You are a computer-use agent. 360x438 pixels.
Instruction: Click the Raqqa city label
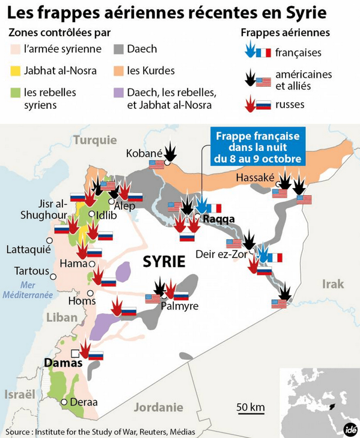tap(218, 219)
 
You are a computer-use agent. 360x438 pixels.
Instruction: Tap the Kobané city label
tap(144, 154)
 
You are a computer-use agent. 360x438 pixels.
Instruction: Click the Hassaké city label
tap(255, 178)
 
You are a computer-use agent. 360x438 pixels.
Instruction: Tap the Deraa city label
tap(83, 403)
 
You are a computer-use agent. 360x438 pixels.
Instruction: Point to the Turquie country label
tap(95, 140)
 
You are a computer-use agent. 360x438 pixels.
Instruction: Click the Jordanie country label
tap(158, 407)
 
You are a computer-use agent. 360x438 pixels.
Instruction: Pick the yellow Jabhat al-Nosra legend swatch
tap(15, 71)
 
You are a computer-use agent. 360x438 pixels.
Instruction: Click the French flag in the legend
tap(263, 53)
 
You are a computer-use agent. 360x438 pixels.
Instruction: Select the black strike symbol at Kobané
tap(171, 151)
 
